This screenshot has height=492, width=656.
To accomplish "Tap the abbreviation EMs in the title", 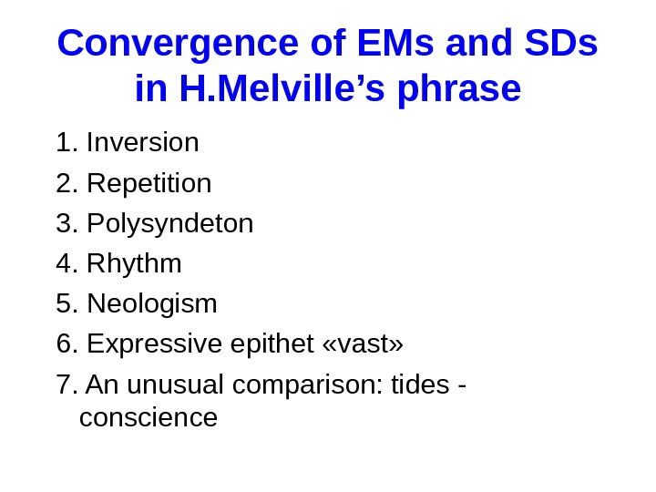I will click(384, 43).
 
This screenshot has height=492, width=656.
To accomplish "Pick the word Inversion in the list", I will click(142, 143).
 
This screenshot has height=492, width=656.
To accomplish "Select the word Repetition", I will click(149, 184).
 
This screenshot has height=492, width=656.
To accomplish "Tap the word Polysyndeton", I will click(169, 224).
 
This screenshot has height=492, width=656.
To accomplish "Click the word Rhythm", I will click(134, 264).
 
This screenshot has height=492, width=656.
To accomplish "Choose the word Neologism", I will click(151, 304).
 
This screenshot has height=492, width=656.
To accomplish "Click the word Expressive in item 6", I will click(152, 345).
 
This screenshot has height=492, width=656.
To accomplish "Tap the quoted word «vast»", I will click(363, 345).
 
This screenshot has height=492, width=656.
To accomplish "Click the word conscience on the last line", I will click(149, 418).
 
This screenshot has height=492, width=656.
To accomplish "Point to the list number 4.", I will click(65, 264).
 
